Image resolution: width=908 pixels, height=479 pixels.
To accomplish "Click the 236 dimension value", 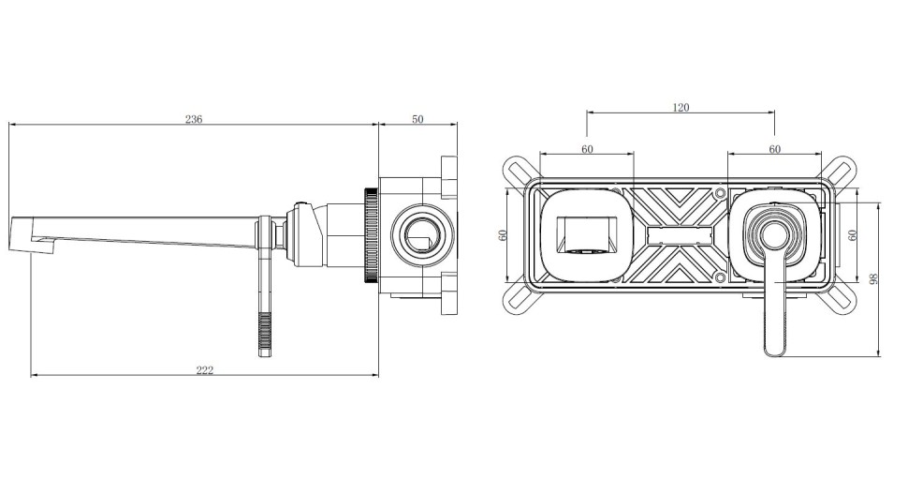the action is click(194, 119).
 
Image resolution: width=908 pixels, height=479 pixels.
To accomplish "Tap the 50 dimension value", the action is click(417, 119).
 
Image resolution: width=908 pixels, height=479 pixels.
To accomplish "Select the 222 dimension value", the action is click(204, 370).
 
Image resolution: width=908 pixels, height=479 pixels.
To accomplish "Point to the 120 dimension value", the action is click(681, 107).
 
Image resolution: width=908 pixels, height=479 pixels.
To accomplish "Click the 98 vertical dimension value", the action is click(874, 279).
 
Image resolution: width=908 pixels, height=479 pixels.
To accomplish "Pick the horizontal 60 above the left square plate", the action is click(587, 149).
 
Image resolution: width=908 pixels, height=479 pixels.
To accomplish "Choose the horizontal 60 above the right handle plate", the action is click(775, 149).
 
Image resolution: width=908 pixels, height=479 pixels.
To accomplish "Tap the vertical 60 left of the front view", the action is click(503, 235).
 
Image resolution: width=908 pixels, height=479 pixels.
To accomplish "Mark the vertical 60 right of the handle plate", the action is click(852, 235).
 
